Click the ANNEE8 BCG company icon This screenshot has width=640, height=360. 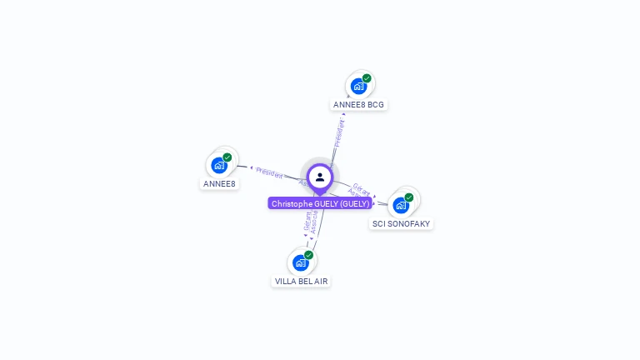[x=358, y=86]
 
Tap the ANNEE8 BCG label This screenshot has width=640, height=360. [x=359, y=105]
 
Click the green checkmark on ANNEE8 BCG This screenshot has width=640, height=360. [x=367, y=78]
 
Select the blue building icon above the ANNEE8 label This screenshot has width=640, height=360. [x=219, y=165]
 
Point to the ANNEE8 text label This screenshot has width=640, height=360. [x=220, y=183]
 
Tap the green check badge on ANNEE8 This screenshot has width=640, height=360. [x=227, y=157]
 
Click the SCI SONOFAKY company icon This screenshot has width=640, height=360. [x=401, y=205]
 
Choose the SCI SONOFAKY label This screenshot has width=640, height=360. [x=402, y=223]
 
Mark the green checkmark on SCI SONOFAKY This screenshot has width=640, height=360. [x=409, y=197]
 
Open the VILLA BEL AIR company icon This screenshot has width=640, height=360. [x=301, y=262]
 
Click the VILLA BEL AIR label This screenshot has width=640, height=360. [x=302, y=282]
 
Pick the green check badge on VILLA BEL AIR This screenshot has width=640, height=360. [x=309, y=255]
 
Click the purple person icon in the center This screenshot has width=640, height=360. [x=320, y=177]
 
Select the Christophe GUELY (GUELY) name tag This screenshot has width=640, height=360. [x=320, y=203]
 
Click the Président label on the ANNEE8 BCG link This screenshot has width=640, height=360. [x=338, y=133]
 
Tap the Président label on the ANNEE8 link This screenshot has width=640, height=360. [x=269, y=172]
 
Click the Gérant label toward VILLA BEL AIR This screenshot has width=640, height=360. [x=307, y=220]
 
